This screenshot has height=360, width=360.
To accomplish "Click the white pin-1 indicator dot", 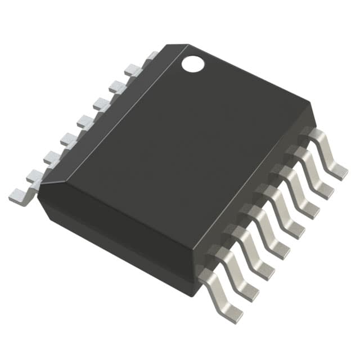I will [x=192, y=64].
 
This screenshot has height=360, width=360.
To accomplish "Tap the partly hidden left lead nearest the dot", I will [x=151, y=56].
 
